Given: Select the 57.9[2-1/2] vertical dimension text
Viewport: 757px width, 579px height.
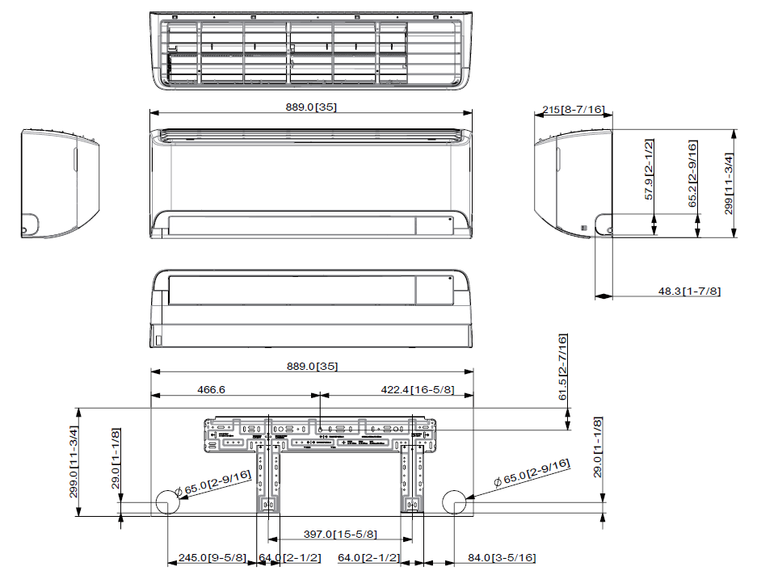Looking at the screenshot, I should [649, 170].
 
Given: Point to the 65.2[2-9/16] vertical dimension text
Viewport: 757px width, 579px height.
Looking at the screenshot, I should [692, 174].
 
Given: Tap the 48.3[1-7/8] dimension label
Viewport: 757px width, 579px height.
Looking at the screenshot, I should [689, 291].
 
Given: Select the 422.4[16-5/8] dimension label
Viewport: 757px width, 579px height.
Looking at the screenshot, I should [418, 389].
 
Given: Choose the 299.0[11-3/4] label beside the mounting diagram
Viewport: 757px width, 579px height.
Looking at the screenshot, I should [74, 461].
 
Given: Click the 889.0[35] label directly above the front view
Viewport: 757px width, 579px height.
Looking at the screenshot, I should [310, 107].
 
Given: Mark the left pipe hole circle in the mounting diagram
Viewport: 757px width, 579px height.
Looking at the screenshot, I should [166, 501].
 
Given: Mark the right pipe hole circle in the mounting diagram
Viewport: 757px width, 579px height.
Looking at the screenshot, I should [455, 501].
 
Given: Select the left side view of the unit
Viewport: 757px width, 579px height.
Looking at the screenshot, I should [59, 183].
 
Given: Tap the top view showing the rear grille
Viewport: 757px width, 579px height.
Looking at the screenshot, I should [310, 51].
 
